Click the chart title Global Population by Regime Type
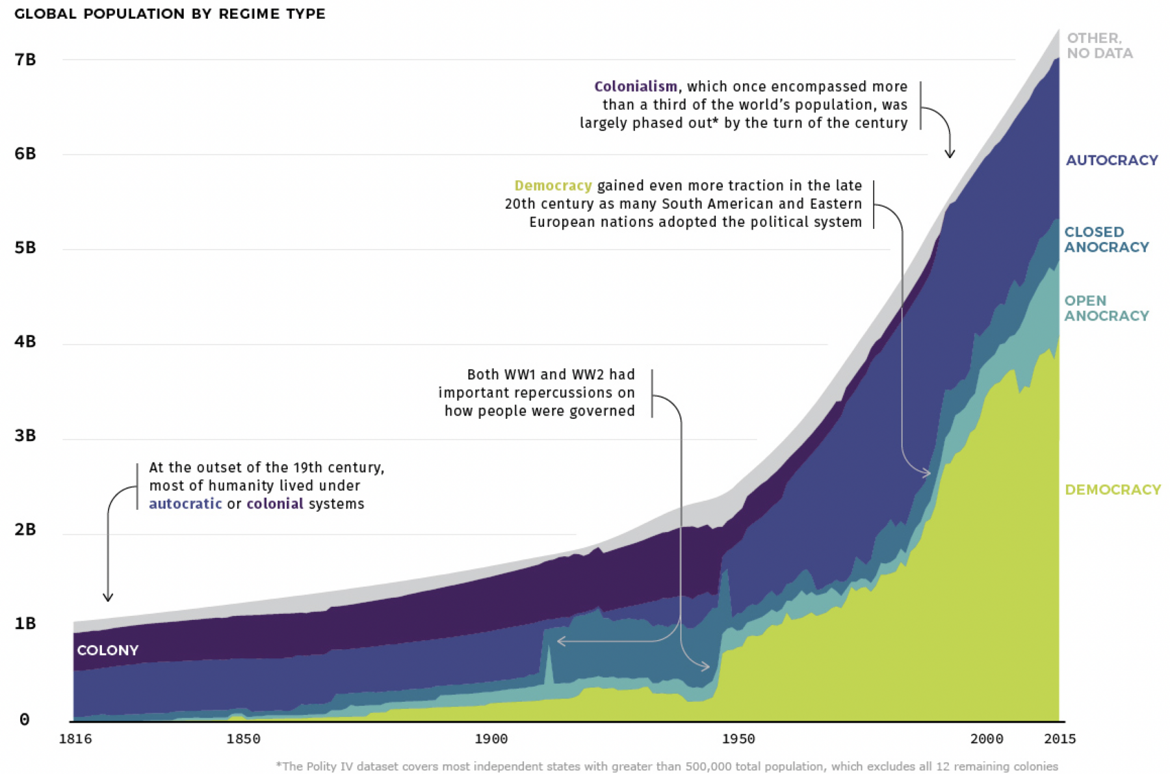(x=170, y=14)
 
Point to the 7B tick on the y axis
(x=25, y=59)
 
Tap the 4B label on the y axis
(x=25, y=341)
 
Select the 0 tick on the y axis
(x=25, y=719)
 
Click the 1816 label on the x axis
(x=75, y=739)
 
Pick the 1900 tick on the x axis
(x=491, y=739)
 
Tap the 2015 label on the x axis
(x=1059, y=739)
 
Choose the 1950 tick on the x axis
(x=738, y=739)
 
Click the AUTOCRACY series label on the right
(x=1111, y=160)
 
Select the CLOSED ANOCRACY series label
(x=1106, y=239)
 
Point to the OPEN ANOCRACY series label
(x=1106, y=308)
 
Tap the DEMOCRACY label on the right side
(x=1113, y=490)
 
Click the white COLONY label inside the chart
(x=108, y=650)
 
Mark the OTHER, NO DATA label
(x=1100, y=46)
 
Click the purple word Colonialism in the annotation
(x=636, y=87)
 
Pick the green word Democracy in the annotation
(x=553, y=186)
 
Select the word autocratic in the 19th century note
(x=185, y=504)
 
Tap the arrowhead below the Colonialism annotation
(x=950, y=154)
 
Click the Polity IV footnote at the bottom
(x=667, y=766)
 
